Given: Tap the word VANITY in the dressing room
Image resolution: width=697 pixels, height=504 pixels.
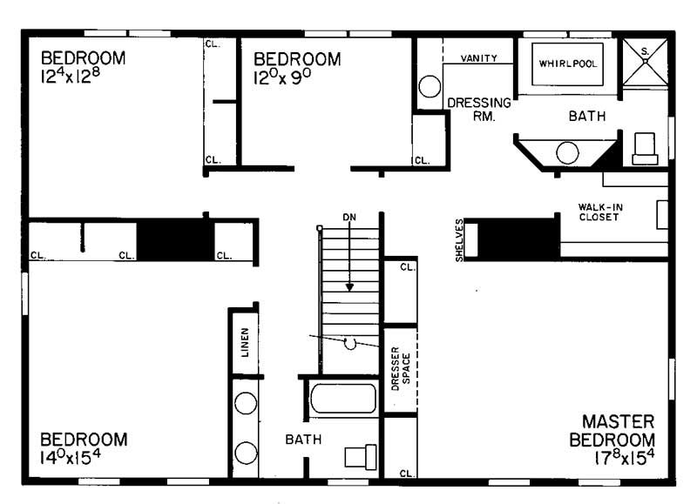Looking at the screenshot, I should point(478,58).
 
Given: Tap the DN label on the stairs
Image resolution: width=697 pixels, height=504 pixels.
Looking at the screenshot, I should point(349,216).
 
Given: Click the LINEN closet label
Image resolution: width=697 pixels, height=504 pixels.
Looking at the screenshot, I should point(246,344).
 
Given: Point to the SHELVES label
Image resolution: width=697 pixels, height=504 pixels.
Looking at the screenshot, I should point(459,239).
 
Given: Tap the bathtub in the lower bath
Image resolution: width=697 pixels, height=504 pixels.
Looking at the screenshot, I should point(343,399).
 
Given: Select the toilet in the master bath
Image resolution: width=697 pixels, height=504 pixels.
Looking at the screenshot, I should point(646,149).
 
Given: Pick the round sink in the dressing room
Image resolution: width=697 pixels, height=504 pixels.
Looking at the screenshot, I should point(429,87).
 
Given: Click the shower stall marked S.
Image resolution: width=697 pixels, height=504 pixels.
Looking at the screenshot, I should point(645,62).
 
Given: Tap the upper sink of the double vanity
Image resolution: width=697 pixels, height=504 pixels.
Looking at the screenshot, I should point(246,407).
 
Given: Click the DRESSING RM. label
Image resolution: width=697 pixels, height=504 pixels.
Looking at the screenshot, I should point(478,109).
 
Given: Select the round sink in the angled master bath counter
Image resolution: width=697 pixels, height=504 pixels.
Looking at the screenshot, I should point(567,153).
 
